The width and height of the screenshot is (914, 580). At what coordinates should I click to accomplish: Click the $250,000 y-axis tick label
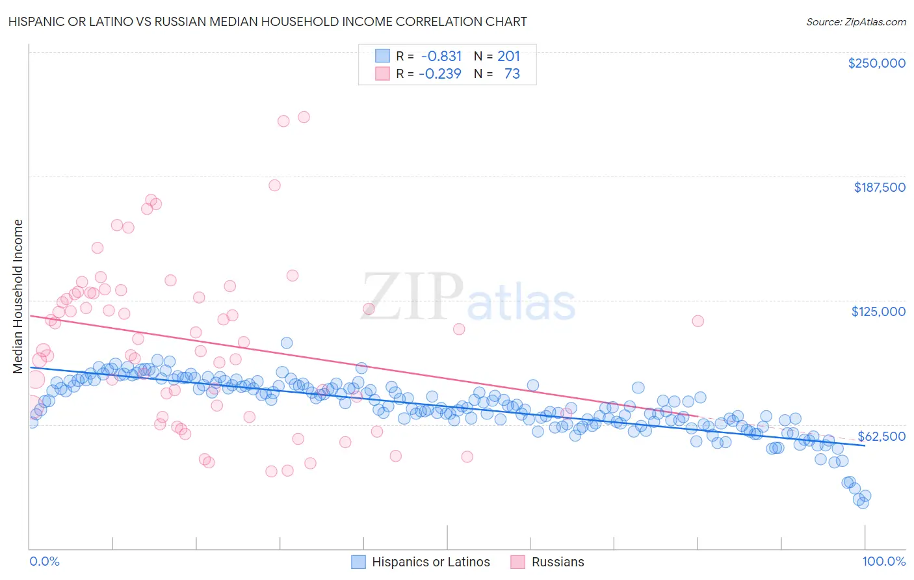pos(876,63)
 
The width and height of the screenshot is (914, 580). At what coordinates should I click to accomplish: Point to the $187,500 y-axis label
pos(879,187)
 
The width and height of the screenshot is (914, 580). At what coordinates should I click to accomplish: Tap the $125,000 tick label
pos(878,311)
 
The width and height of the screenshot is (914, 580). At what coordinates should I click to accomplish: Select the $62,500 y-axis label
pos(881,436)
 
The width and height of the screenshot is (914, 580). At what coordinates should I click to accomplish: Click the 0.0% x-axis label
pos(44,562)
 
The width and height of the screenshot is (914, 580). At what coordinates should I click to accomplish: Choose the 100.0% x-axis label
pos(883,562)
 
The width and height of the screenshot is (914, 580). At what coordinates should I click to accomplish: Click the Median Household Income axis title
pos(18,297)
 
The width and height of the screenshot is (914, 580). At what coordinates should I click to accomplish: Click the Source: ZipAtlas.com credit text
pos(855,21)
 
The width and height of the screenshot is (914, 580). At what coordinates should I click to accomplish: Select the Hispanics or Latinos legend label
pos(430,562)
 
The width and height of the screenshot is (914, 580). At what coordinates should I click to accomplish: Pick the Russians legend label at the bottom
pos(558,562)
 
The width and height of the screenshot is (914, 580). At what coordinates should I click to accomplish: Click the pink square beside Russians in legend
pos(517,562)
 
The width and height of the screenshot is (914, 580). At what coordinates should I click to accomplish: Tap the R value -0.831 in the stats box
pos(441,56)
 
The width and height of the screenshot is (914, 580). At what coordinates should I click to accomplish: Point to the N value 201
pos(508,56)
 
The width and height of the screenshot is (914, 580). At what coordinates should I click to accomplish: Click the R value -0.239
pos(439,73)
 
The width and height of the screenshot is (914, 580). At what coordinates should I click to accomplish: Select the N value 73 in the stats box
pos(512,73)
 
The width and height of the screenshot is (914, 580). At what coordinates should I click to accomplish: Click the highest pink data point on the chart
pos(304,117)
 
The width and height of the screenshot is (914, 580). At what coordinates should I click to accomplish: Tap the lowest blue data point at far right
pos(863,503)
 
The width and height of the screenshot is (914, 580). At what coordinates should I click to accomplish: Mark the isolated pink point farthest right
pos(698,321)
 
